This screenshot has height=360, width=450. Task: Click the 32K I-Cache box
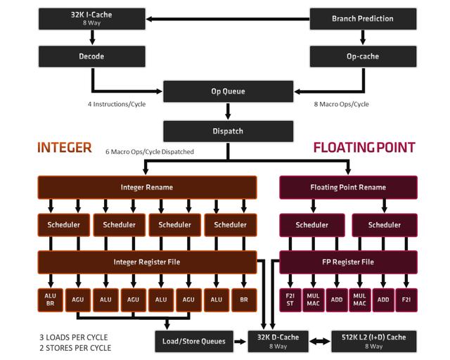[x=91, y=19]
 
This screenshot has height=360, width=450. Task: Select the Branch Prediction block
[x=362, y=19]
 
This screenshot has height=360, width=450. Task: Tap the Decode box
[x=91, y=56]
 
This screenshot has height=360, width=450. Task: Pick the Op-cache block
[x=362, y=56]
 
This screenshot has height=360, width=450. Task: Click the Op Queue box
[x=228, y=91]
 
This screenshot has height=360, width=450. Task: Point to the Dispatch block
[x=228, y=131]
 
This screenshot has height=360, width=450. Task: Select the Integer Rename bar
[x=147, y=187]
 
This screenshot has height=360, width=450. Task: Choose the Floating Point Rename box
[x=348, y=187]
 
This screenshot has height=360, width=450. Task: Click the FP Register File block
[x=348, y=262]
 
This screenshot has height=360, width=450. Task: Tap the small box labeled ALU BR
[x=50, y=300]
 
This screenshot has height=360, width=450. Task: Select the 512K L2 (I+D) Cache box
[x=373, y=341]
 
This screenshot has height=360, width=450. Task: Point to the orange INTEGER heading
[x=64, y=148]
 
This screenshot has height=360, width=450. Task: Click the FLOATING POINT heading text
[x=364, y=148]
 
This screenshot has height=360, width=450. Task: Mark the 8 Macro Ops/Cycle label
[x=341, y=104]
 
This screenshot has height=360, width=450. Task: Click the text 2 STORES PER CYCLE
[x=75, y=348]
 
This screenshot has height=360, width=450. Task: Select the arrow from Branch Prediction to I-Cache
[x=228, y=19]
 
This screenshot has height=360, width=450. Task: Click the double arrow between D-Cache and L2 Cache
[x=320, y=341]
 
